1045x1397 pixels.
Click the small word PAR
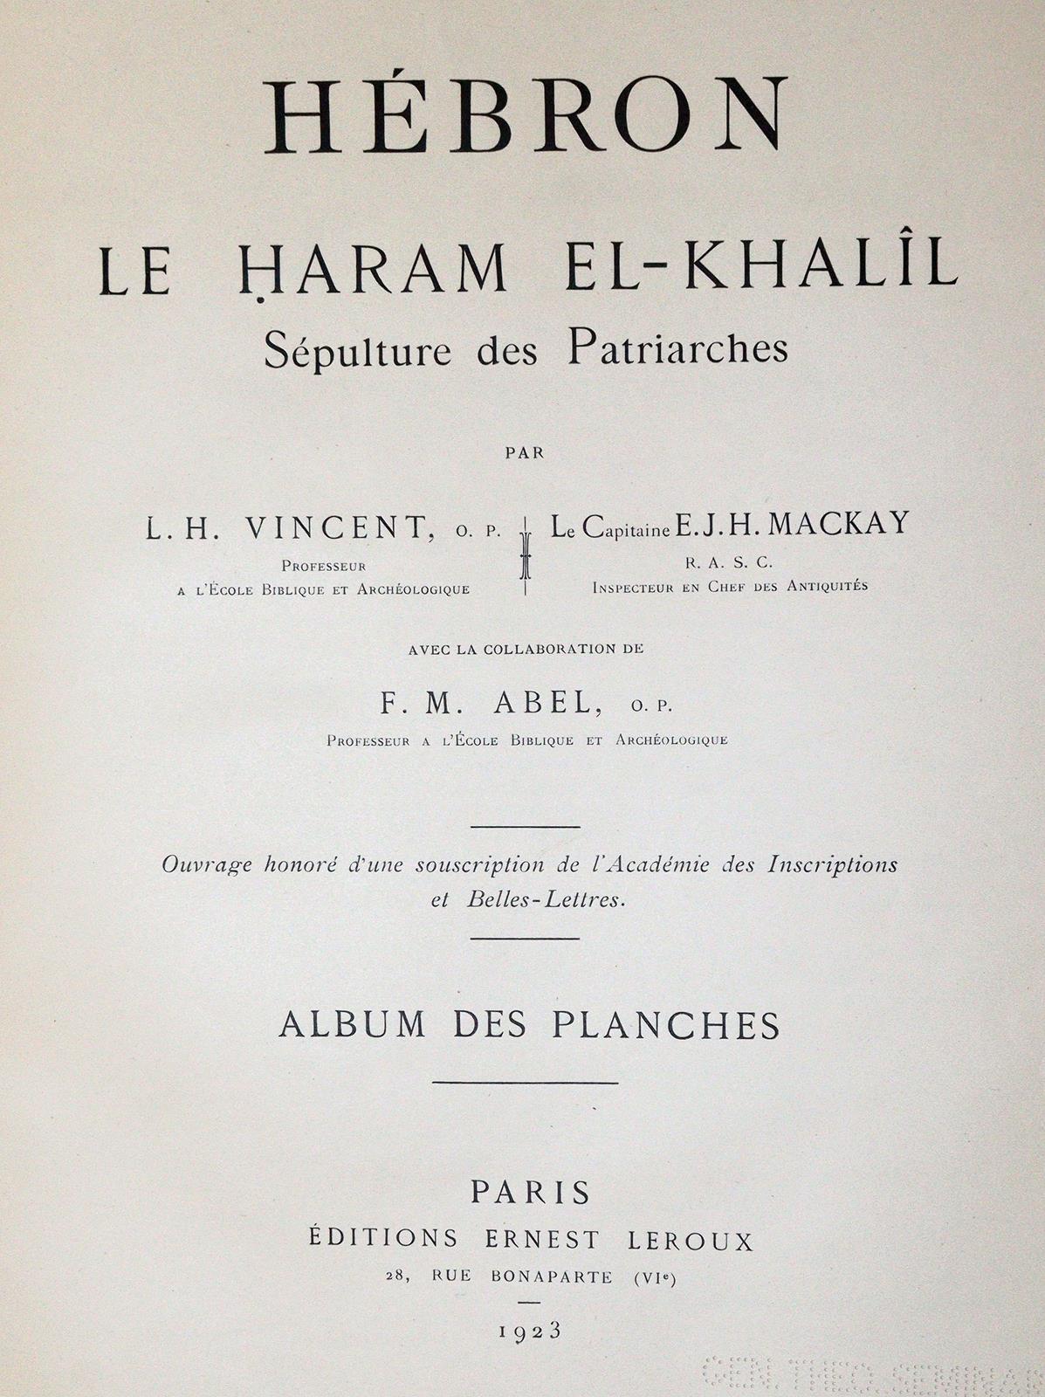click(525, 452)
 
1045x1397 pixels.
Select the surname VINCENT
click(335, 528)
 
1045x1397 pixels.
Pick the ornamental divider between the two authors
click(526, 555)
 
